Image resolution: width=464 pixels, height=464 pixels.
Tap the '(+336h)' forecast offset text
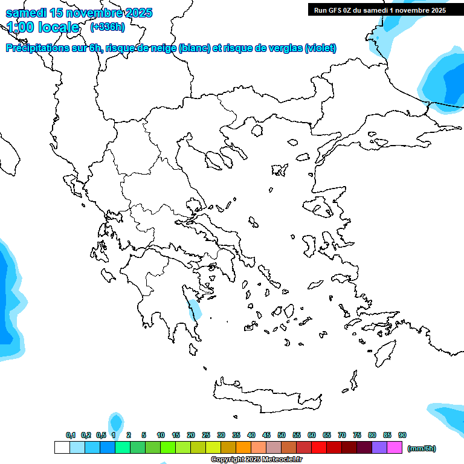[x=107, y=27]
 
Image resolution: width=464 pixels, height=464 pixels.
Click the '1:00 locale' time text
[x=43, y=27]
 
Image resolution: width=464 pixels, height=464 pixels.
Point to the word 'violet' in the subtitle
[x=320, y=48]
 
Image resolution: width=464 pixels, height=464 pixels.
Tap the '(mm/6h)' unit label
[x=421, y=448]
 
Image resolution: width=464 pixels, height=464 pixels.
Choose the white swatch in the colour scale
[x=62, y=448]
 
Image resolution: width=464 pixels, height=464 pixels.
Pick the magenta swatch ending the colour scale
[x=395, y=448]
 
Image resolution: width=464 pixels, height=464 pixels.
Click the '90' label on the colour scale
[x=402, y=435]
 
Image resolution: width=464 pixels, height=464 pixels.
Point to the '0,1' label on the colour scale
[x=71, y=435]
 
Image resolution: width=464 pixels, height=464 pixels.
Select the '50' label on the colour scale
[x=282, y=435]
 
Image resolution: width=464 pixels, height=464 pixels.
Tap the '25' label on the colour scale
[x=206, y=435]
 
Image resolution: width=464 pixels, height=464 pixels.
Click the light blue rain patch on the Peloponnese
[x=194, y=310]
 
